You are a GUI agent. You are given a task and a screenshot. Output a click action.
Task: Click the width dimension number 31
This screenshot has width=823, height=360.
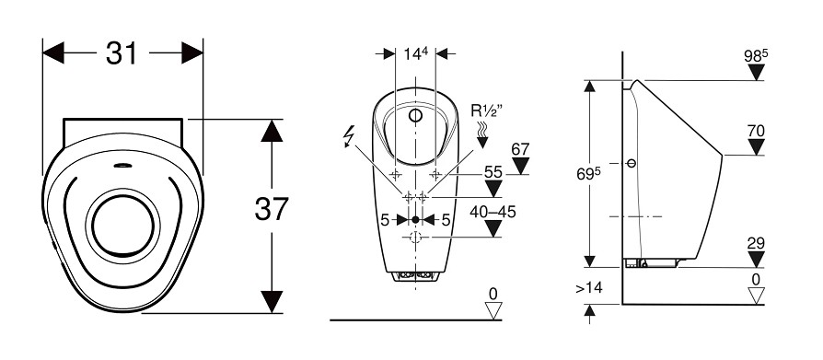pos(122,53)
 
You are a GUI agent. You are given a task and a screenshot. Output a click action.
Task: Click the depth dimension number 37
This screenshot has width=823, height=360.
pos(272,208)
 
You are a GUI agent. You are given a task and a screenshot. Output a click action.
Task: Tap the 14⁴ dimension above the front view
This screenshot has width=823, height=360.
pos(416,53)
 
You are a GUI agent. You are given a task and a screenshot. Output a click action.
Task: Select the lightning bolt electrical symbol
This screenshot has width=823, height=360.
pos(348,137)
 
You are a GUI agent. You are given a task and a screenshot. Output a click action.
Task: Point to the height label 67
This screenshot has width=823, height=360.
pos(520,149)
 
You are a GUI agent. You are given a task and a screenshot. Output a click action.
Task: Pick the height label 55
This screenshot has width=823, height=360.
pos(493,171)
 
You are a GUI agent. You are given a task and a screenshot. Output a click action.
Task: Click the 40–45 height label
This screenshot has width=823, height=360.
pos(493,212)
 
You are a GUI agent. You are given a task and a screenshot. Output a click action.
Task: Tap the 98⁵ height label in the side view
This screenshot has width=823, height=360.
pos(756,55)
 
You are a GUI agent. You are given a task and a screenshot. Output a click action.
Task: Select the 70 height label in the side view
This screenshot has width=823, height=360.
pos(756,131)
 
